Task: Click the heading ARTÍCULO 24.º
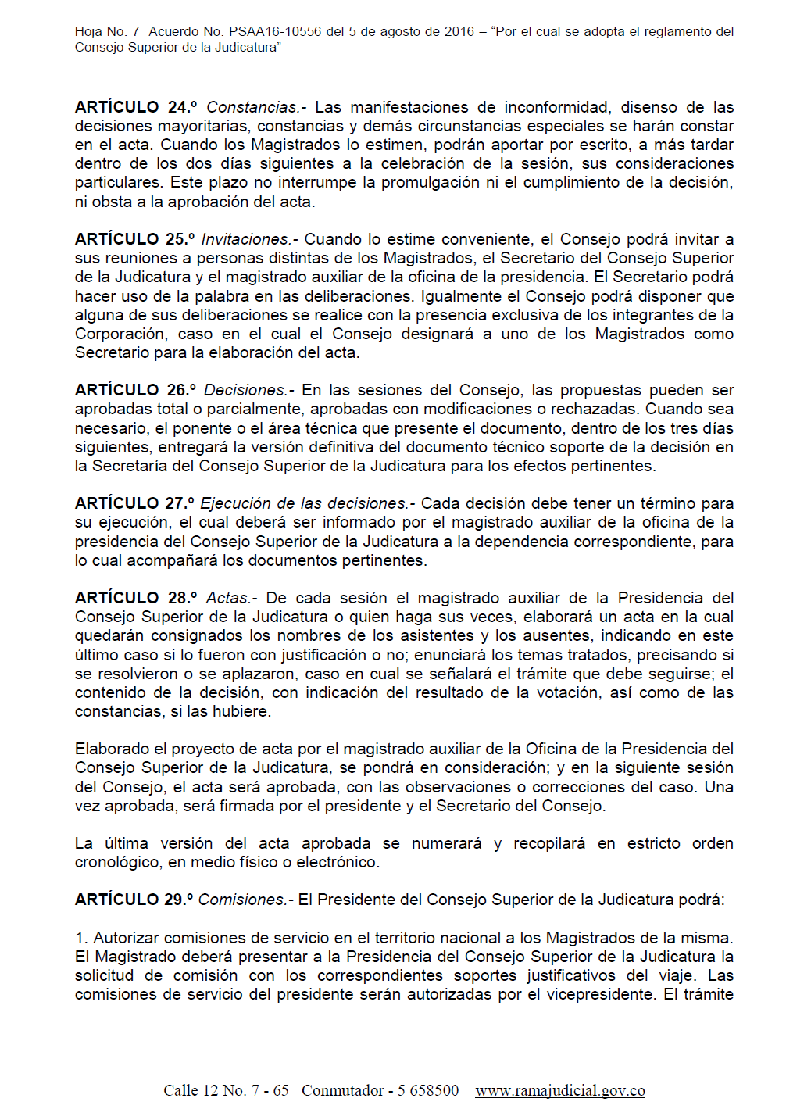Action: click(135, 107)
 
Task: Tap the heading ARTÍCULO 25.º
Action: click(134, 239)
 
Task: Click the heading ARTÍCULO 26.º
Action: click(134, 390)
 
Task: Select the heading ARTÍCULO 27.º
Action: click(134, 503)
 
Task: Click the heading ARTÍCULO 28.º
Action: click(135, 598)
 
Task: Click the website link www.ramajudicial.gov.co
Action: click(559, 1090)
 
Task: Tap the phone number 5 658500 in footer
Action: click(428, 1090)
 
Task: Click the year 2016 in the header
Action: click(459, 32)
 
